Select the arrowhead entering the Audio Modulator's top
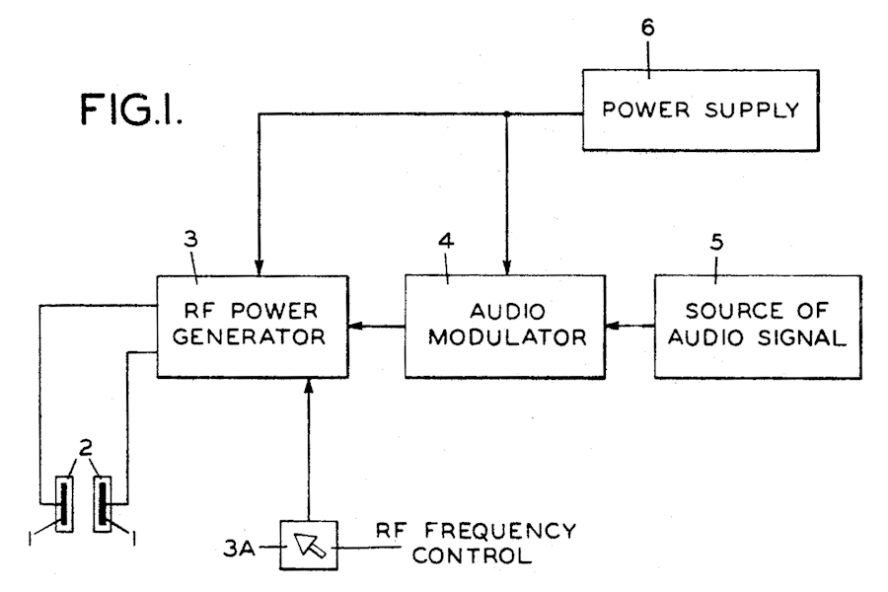pyautogui.click(x=507, y=269)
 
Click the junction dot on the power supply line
pyautogui.click(x=507, y=113)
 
